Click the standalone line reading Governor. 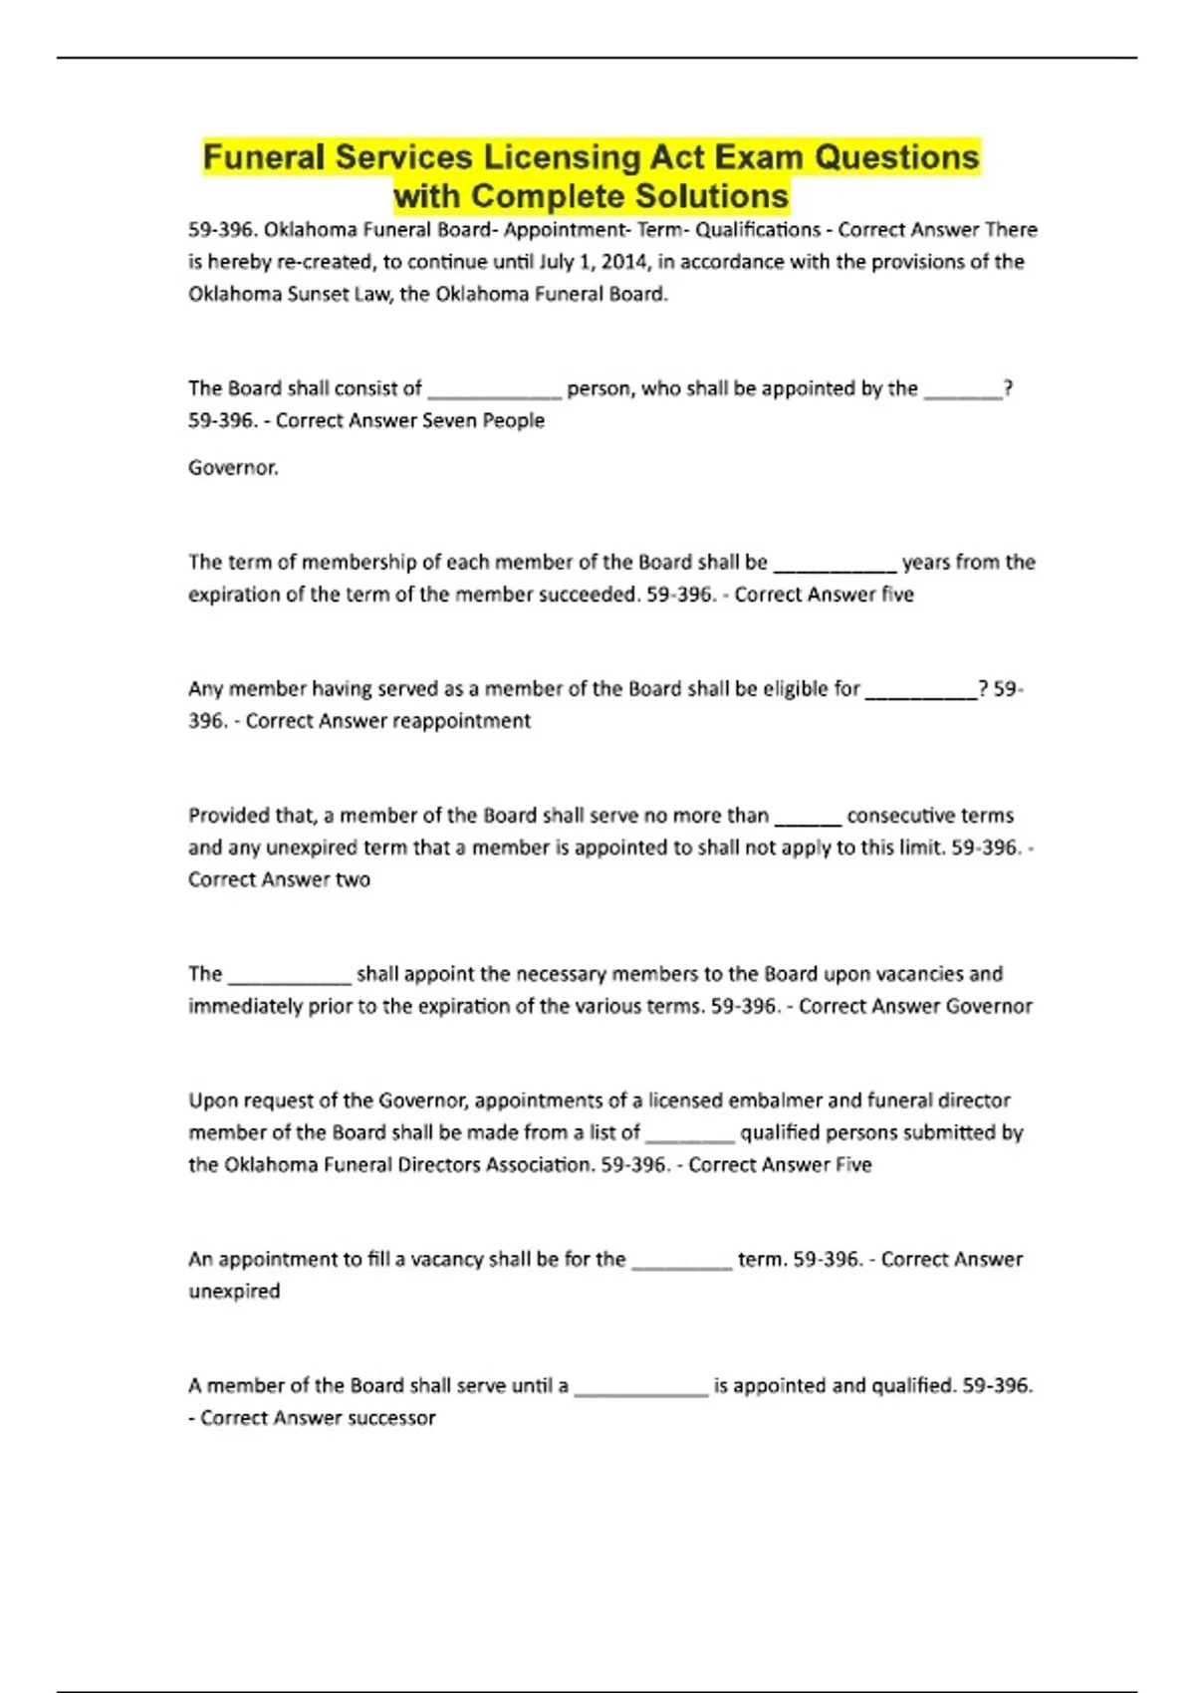(x=233, y=467)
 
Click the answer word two (x=353, y=879)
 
